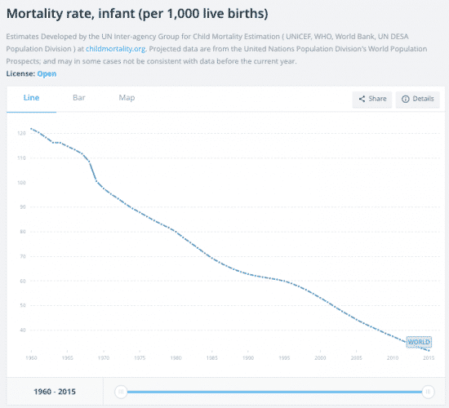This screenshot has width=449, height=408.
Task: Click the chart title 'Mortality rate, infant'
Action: [137, 14]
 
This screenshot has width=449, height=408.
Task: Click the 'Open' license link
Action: [47, 73]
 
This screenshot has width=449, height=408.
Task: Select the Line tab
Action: [31, 98]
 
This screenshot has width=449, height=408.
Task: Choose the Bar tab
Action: [79, 98]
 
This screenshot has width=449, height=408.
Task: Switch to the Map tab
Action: [127, 98]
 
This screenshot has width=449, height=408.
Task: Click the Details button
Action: [417, 99]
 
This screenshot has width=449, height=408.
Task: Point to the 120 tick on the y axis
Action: [21, 133]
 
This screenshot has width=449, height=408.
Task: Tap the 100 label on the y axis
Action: [21, 182]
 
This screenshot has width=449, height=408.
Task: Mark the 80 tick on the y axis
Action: [22, 232]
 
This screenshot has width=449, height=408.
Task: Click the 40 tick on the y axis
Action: [22, 330]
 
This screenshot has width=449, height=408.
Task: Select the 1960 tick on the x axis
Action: [32, 358]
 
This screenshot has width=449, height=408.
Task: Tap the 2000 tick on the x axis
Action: [320, 358]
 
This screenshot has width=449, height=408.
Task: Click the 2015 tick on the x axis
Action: [425, 358]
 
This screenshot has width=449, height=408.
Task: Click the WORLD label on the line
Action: [418, 342]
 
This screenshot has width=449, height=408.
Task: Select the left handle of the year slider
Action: [121, 392]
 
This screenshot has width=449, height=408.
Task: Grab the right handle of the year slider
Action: [427, 392]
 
